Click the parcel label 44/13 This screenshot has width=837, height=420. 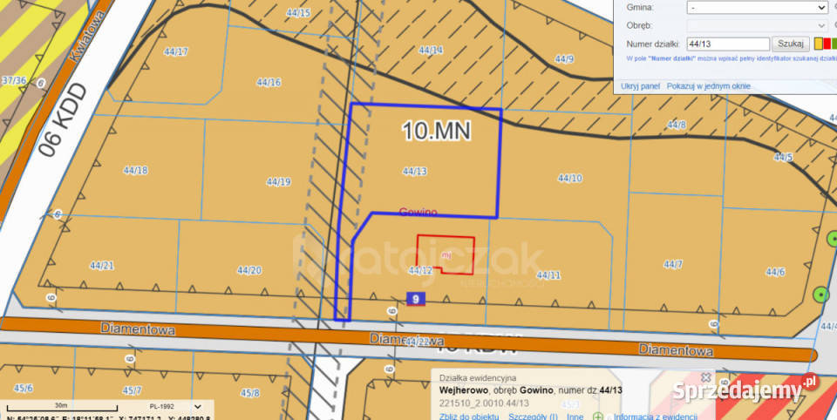(x=414, y=172)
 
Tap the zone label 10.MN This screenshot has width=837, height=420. (x=436, y=131)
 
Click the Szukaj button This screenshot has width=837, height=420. (x=790, y=44)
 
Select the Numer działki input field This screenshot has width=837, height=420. (x=727, y=44)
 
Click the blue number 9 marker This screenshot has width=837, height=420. (x=416, y=300)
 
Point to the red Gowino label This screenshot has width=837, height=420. (x=418, y=212)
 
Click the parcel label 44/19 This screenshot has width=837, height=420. (x=278, y=182)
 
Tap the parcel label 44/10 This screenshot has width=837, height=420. (x=569, y=178)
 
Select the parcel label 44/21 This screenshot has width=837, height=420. (x=102, y=265)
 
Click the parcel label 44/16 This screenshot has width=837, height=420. (x=269, y=83)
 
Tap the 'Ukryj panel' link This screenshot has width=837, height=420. (x=641, y=86)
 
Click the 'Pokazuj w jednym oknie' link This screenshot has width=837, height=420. (x=708, y=86)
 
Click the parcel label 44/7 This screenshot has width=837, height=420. (x=672, y=264)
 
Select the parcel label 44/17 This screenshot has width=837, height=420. (x=175, y=51)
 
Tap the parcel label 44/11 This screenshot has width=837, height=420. (x=548, y=275)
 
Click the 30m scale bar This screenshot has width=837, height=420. (x=61, y=406)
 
